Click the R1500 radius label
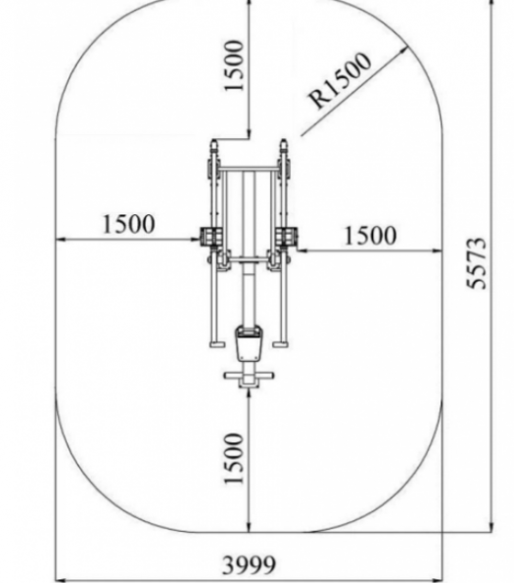point(340,80)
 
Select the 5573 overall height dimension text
point(476,263)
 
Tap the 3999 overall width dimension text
point(249,564)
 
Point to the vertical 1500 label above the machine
point(234,66)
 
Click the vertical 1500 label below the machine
point(234,458)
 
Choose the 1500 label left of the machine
point(128,224)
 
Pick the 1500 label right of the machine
point(370,236)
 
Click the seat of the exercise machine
point(249,343)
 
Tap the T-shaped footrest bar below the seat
point(249,378)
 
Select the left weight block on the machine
point(211,237)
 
